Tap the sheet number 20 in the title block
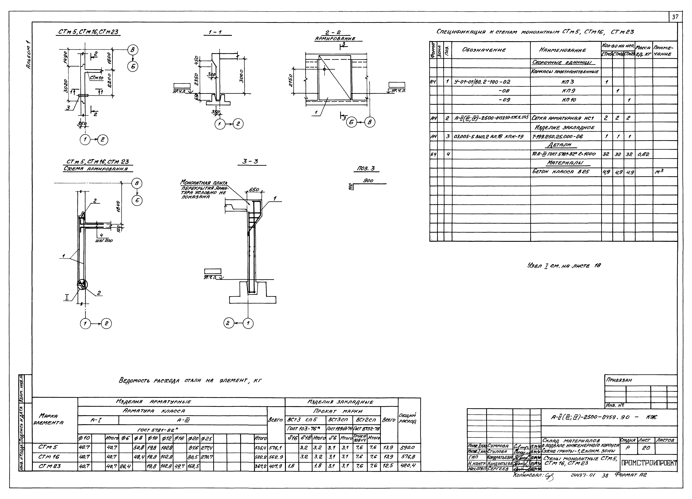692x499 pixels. click(x=646, y=448)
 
